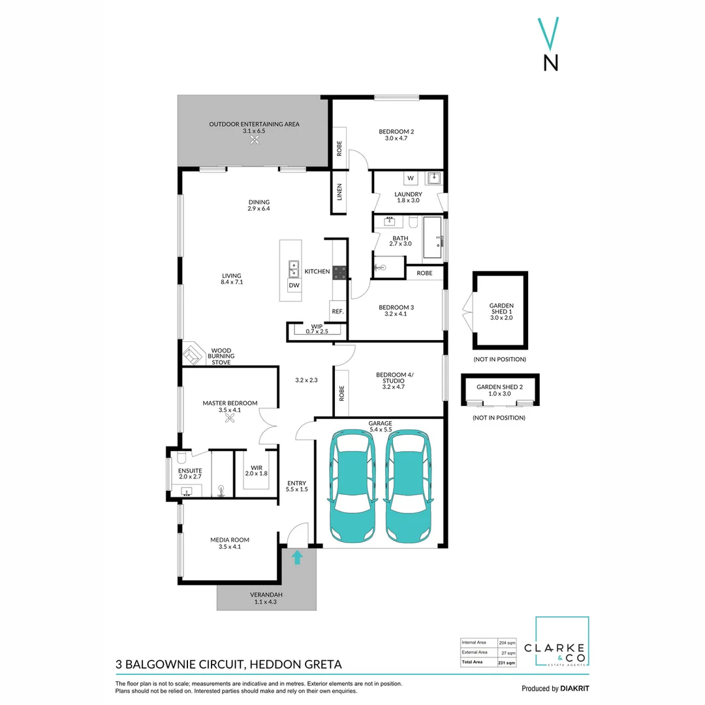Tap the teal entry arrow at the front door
click(298, 557)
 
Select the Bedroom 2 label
click(396, 132)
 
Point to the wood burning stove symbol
click(193, 356)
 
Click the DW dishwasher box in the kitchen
click(294, 285)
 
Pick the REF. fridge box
click(337, 311)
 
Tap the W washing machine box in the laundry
click(411, 178)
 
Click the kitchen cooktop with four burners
click(340, 272)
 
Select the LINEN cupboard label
click(339, 192)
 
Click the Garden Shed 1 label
click(501, 310)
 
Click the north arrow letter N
click(551, 62)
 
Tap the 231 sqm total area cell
click(507, 662)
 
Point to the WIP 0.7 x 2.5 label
click(317, 328)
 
